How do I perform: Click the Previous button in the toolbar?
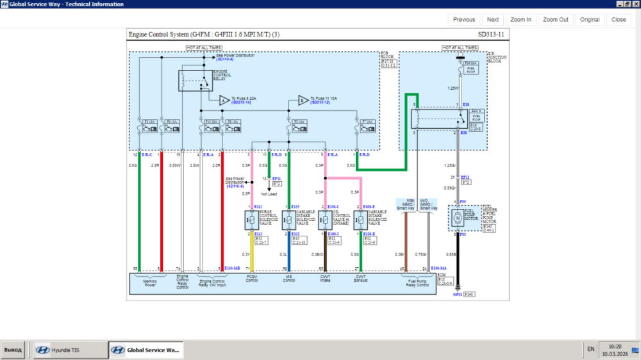tap(464, 20)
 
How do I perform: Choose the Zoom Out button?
tap(555, 20)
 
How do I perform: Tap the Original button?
tap(590, 20)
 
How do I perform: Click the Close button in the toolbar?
tap(619, 20)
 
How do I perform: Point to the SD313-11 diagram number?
tap(491, 35)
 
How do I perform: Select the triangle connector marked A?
tap(224, 100)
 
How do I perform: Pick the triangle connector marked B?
tap(303, 100)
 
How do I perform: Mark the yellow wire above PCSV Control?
tap(253, 253)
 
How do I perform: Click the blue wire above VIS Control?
tap(289, 253)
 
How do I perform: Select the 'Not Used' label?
tap(269, 193)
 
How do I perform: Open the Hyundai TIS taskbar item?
tap(70, 350)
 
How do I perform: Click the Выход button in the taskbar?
tap(13, 350)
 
